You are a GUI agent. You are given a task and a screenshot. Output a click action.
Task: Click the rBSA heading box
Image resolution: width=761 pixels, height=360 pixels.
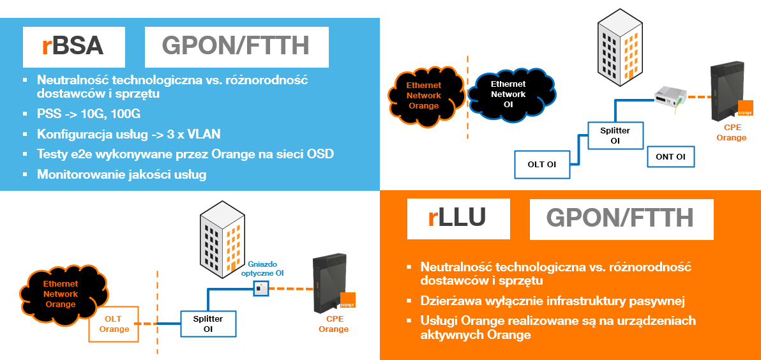point(73,47)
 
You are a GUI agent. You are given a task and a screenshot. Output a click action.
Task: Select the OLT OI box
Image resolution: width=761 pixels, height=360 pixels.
point(541,165)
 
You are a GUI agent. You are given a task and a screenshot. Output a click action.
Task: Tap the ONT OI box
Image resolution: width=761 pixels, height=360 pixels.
point(670,156)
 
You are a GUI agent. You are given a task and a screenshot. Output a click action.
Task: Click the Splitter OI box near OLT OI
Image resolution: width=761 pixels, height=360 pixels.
point(615,135)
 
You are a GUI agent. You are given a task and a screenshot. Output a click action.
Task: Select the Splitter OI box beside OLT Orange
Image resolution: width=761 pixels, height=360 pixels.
point(207,323)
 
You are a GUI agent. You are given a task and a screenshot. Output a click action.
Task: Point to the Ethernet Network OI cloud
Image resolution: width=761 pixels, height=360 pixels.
point(508,94)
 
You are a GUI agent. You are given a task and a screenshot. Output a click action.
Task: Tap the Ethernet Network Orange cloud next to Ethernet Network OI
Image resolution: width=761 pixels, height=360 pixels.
point(424,95)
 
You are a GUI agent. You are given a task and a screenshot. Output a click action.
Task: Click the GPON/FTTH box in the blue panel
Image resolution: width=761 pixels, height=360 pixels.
point(236,47)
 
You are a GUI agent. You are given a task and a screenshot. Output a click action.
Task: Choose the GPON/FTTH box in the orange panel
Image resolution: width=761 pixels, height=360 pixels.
point(621,218)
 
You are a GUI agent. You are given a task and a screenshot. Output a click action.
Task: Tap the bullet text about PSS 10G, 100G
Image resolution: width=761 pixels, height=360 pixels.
point(89,114)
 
